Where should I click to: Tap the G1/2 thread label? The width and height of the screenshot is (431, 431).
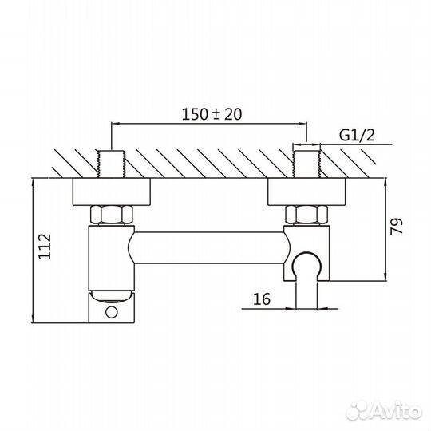coord(357,136)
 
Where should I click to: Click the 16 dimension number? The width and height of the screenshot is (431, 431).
coord(263,299)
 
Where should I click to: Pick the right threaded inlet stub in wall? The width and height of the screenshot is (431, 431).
coord(306,164)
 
